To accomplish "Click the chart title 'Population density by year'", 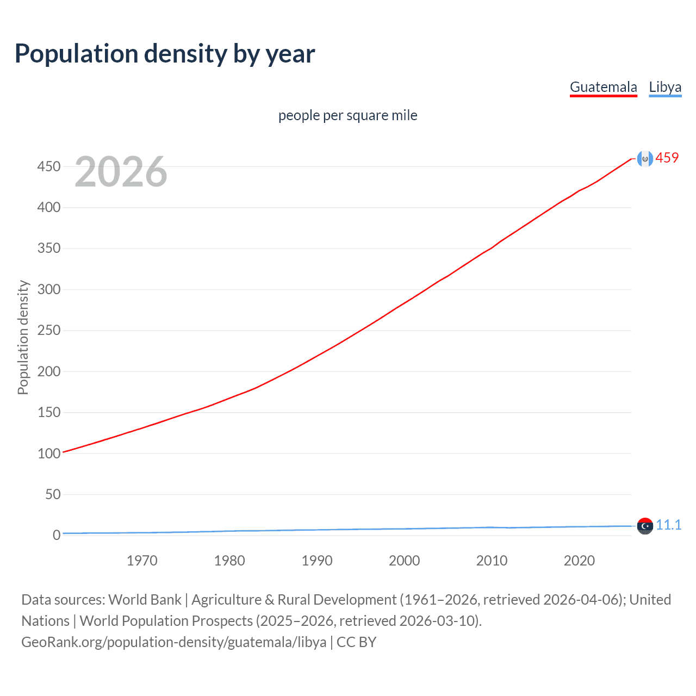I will (x=165, y=54).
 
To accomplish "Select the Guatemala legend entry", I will (x=603, y=87).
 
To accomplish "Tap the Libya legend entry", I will (x=665, y=87).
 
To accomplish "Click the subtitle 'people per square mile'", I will (x=347, y=115).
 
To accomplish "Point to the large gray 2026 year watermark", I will (x=121, y=172).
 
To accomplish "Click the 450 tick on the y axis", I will (x=49, y=166).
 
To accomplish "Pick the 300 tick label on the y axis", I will (x=49, y=289).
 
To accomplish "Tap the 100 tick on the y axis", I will (x=49, y=453).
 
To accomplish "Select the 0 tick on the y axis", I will (x=57, y=536).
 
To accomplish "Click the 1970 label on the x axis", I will (x=142, y=561).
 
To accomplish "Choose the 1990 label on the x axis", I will (x=317, y=561).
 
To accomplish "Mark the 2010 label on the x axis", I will (x=492, y=561).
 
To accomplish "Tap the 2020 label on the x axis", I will (x=579, y=561).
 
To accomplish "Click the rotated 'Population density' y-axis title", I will (x=23, y=337).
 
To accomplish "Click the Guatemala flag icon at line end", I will (x=644, y=159).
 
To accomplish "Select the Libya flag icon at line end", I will (x=644, y=526).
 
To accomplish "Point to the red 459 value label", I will (x=667, y=158).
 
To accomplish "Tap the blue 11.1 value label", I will (x=668, y=525).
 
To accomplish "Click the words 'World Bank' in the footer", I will (x=145, y=599).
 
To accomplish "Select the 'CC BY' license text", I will (x=356, y=642).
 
